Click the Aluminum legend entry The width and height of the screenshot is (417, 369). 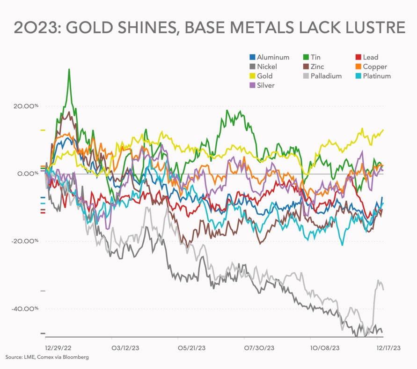pos(273,57)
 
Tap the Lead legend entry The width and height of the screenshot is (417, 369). pos(370,57)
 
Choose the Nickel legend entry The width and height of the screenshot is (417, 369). pos(267,67)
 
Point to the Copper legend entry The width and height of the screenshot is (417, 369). pos(374,67)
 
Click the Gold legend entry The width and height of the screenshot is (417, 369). pos(264,76)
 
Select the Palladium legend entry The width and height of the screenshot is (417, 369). pos(326,76)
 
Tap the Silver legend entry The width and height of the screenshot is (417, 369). pos(265,85)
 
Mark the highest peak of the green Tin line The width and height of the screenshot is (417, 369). pos(69,69)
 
